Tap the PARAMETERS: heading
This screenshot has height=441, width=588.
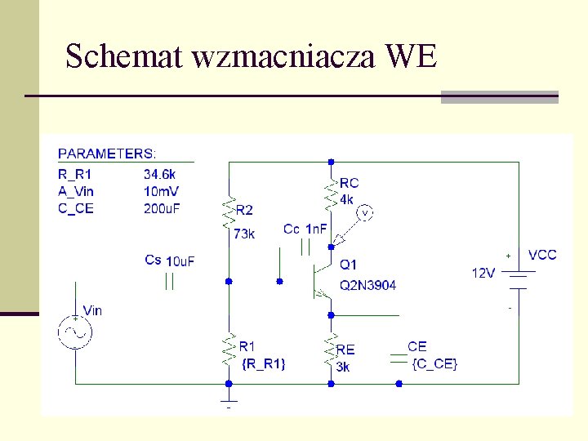coord(108,154)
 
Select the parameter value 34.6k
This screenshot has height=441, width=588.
coord(159,174)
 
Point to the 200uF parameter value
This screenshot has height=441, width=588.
coord(162,208)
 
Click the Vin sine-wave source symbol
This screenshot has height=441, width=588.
coord(75,332)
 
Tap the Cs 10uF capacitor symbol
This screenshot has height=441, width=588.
coord(170,282)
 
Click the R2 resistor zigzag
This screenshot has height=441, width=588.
coord(229,212)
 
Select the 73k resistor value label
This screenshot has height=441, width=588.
coord(244,234)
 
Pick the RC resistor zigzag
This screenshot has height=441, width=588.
coord(331,193)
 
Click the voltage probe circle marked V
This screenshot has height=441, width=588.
coord(367,213)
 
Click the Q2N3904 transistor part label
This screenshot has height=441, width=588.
coord(368,285)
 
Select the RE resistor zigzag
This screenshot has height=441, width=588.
coord(331,350)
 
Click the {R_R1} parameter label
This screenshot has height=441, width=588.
coord(264,363)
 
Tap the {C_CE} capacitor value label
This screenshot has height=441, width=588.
coord(435,363)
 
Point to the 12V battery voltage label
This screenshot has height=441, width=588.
coord(483,273)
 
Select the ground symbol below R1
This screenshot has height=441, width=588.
coord(229,401)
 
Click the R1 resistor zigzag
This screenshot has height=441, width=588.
coord(229,350)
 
